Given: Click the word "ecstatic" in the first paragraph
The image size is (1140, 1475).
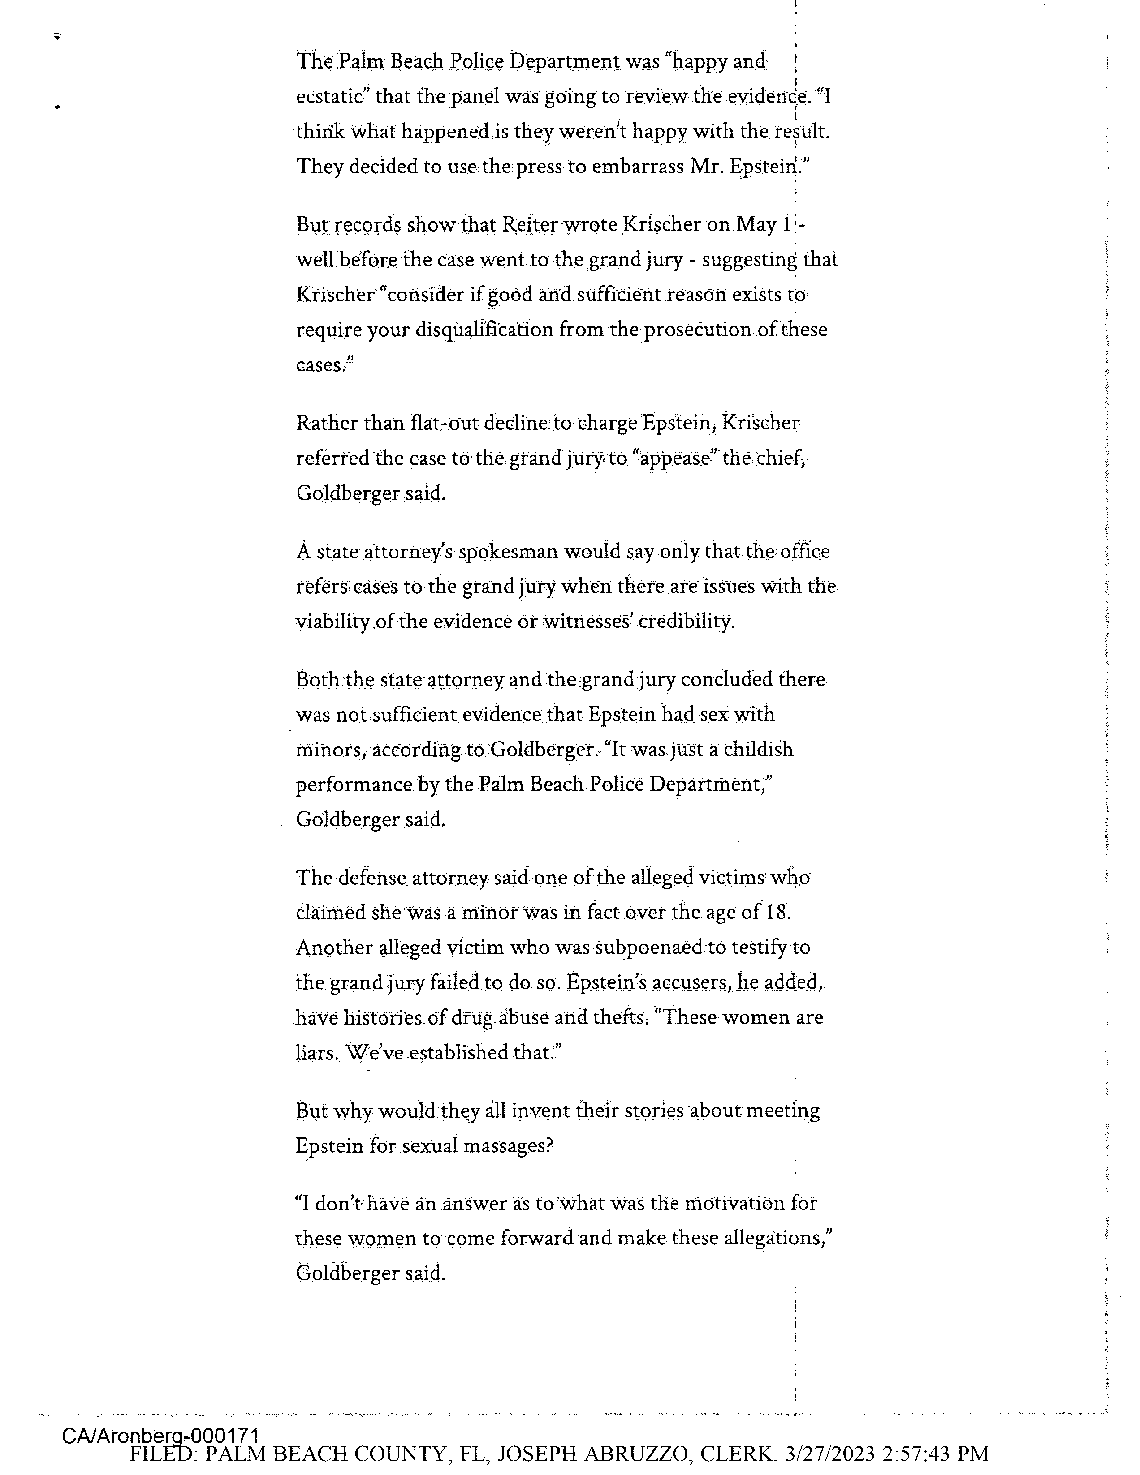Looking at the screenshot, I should coord(331,97).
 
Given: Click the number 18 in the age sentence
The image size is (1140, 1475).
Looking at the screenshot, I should coord(777,913).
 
